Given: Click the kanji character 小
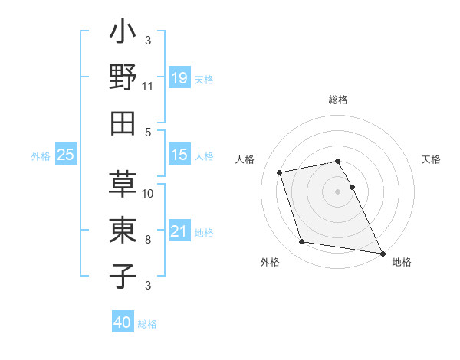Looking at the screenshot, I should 123,35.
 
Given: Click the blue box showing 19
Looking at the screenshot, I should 179,78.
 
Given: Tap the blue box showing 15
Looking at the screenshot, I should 179,155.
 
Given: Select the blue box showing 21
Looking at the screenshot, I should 179,231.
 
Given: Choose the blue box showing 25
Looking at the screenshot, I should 66,155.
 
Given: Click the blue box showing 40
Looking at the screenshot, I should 123,322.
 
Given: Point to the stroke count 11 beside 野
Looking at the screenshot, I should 148,87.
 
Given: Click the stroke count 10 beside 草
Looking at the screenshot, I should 148,194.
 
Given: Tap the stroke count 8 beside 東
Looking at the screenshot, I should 148,240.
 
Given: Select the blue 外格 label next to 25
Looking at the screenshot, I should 41,155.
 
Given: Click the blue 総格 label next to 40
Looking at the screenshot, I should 147,324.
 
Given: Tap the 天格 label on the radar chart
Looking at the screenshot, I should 431,159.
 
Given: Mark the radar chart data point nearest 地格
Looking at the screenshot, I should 382,253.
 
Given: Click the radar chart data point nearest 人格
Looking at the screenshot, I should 280,172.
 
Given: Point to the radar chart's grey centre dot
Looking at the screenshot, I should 337,191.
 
